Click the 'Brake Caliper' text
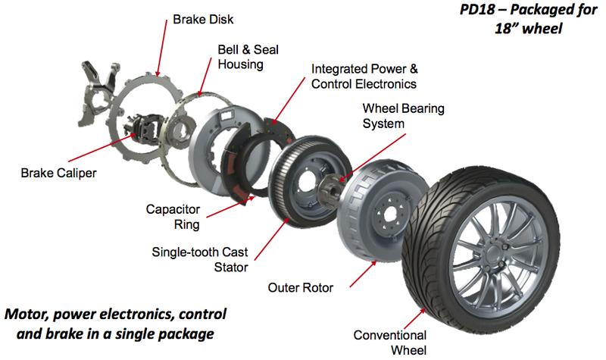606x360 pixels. coord(58,173)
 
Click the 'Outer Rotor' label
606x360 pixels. coord(301,288)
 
